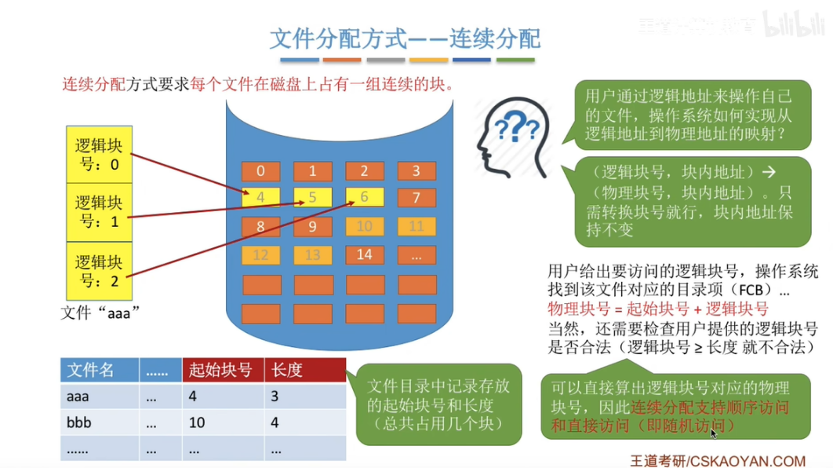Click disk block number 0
260,171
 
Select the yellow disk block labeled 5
312,198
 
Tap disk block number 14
364,254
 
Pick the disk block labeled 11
416,227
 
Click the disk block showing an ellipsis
416,254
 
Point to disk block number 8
260,227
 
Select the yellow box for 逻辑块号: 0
99,154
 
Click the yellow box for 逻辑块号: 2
99,270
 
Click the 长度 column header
305,370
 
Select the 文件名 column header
100,370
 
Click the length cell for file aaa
305,397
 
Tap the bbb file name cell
100,422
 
